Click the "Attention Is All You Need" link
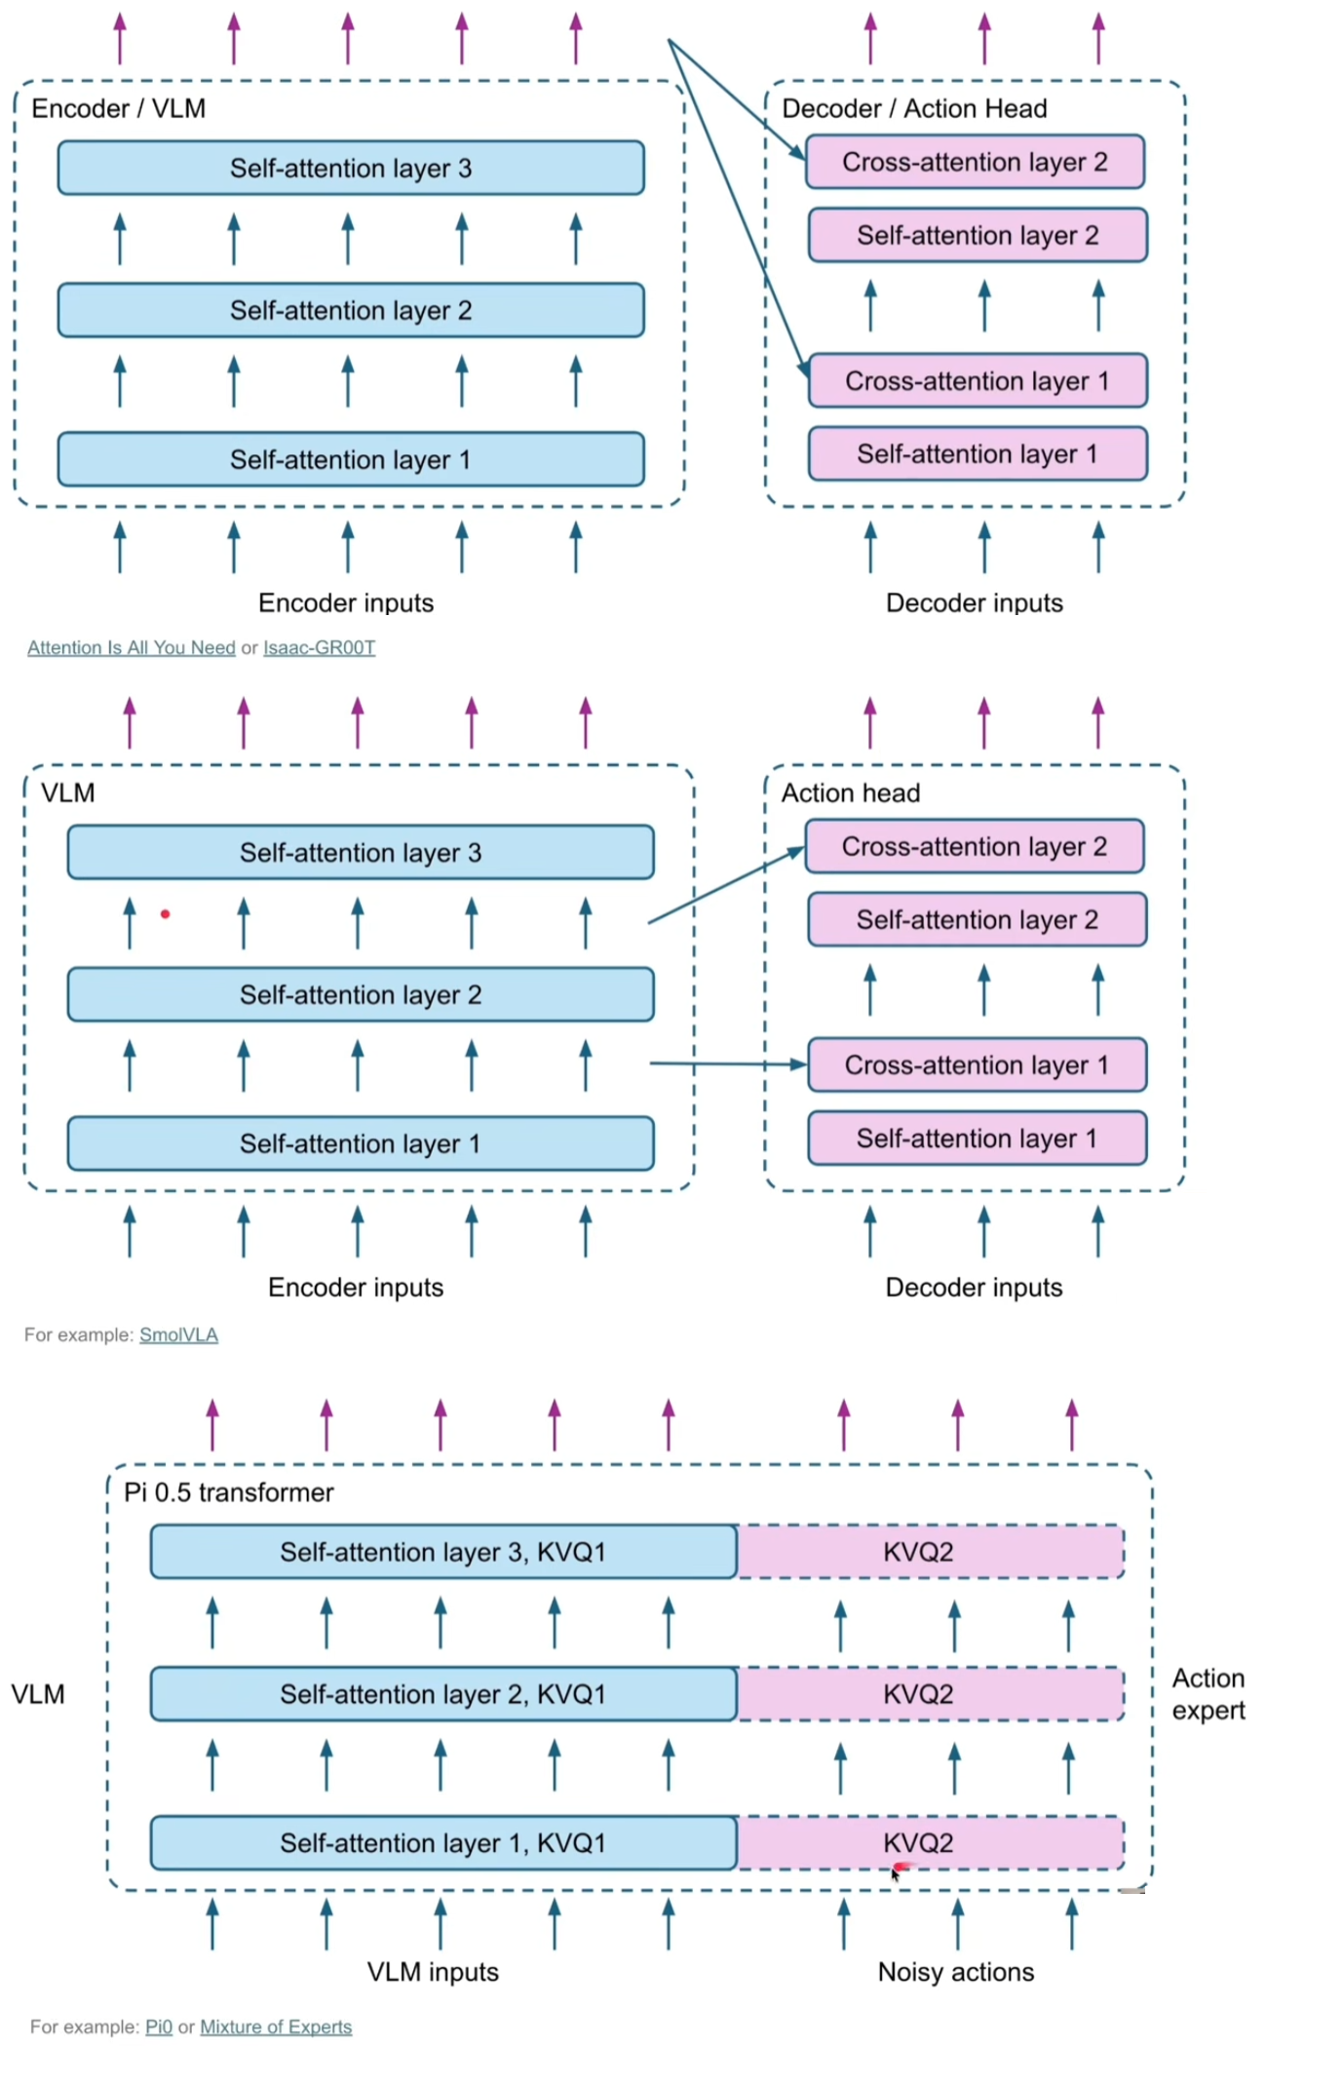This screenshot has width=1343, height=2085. point(131,647)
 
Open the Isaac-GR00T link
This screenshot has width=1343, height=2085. point(319,647)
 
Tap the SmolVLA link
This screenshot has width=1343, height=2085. point(178,1334)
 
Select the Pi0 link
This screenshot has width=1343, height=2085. point(159,2027)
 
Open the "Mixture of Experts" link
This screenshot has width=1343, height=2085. point(276,2027)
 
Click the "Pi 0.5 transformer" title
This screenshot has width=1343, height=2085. point(228,1492)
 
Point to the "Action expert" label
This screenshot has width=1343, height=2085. point(1209,1694)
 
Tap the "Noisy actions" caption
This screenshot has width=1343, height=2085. point(955,1972)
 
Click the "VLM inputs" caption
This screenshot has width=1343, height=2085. point(433,1972)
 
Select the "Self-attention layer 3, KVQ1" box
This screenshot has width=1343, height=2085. point(443,1552)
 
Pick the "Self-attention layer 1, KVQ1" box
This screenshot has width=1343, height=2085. point(443,1842)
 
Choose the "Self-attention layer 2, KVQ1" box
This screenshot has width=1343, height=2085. point(443,1694)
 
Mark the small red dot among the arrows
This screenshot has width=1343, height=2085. point(166,914)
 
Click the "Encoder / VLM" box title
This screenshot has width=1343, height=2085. point(118,108)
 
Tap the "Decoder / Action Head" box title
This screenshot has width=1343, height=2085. point(914,108)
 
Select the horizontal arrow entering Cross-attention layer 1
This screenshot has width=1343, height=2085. point(726,1063)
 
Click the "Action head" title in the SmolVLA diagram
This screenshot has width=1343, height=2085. point(850,793)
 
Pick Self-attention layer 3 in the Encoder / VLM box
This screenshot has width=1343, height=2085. point(351,168)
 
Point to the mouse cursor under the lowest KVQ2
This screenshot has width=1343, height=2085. point(895,1872)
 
